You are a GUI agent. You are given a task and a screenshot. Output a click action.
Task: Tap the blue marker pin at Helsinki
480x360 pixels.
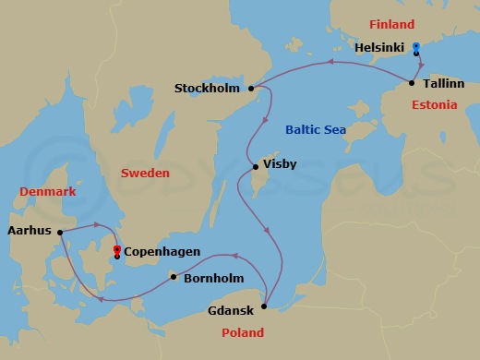click(416, 46)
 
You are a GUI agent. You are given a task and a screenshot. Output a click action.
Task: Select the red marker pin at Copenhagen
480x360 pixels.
click(116, 249)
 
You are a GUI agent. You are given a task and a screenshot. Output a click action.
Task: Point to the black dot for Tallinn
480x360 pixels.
click(412, 84)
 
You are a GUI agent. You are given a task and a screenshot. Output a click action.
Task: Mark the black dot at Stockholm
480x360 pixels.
click(250, 89)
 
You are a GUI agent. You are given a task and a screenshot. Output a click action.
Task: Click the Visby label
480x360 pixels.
click(280, 167)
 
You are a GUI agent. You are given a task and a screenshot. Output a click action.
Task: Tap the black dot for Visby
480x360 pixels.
click(256, 167)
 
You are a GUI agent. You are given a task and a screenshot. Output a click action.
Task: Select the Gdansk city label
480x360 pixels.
click(232, 311)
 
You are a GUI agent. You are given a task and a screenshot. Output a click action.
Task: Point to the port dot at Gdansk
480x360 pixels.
click(265, 306)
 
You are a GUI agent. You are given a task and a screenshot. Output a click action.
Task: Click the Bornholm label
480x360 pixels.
click(213, 276)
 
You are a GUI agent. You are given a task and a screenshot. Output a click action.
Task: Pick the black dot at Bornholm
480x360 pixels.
click(173, 276)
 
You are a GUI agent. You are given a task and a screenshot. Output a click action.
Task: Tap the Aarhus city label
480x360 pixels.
click(29, 233)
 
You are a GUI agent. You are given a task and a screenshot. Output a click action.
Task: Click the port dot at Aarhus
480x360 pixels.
click(60, 233)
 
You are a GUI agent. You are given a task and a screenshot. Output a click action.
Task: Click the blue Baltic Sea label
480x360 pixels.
click(316, 130)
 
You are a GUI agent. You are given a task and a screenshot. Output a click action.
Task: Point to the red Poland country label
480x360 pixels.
click(243, 332)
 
